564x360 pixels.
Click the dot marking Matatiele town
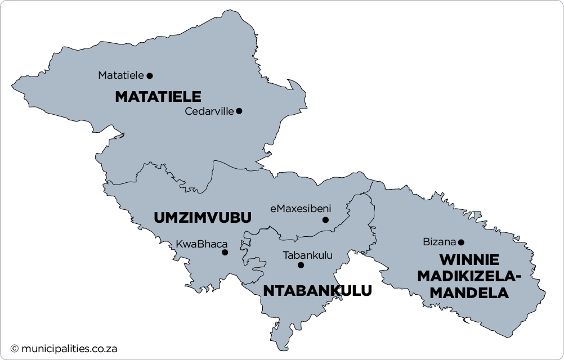tap(150, 75)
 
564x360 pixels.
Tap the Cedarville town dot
tap(239, 111)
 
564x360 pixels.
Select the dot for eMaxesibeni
tap(325, 220)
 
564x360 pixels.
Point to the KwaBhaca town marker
tap(225, 253)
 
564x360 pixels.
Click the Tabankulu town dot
tap(301, 265)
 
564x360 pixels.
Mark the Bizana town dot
tap(461, 242)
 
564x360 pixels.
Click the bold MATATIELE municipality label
tap(158, 97)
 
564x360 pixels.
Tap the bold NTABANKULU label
tap(317, 291)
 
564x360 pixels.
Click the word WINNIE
tap(469, 260)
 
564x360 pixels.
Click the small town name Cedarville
tap(209, 111)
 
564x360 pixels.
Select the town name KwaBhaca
tap(202, 244)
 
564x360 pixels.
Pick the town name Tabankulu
tap(308, 255)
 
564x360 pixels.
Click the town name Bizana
tap(439, 242)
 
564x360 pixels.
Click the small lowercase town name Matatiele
tap(121, 75)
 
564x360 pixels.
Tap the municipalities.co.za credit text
tap(69, 349)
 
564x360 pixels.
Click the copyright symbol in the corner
tap(15, 349)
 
